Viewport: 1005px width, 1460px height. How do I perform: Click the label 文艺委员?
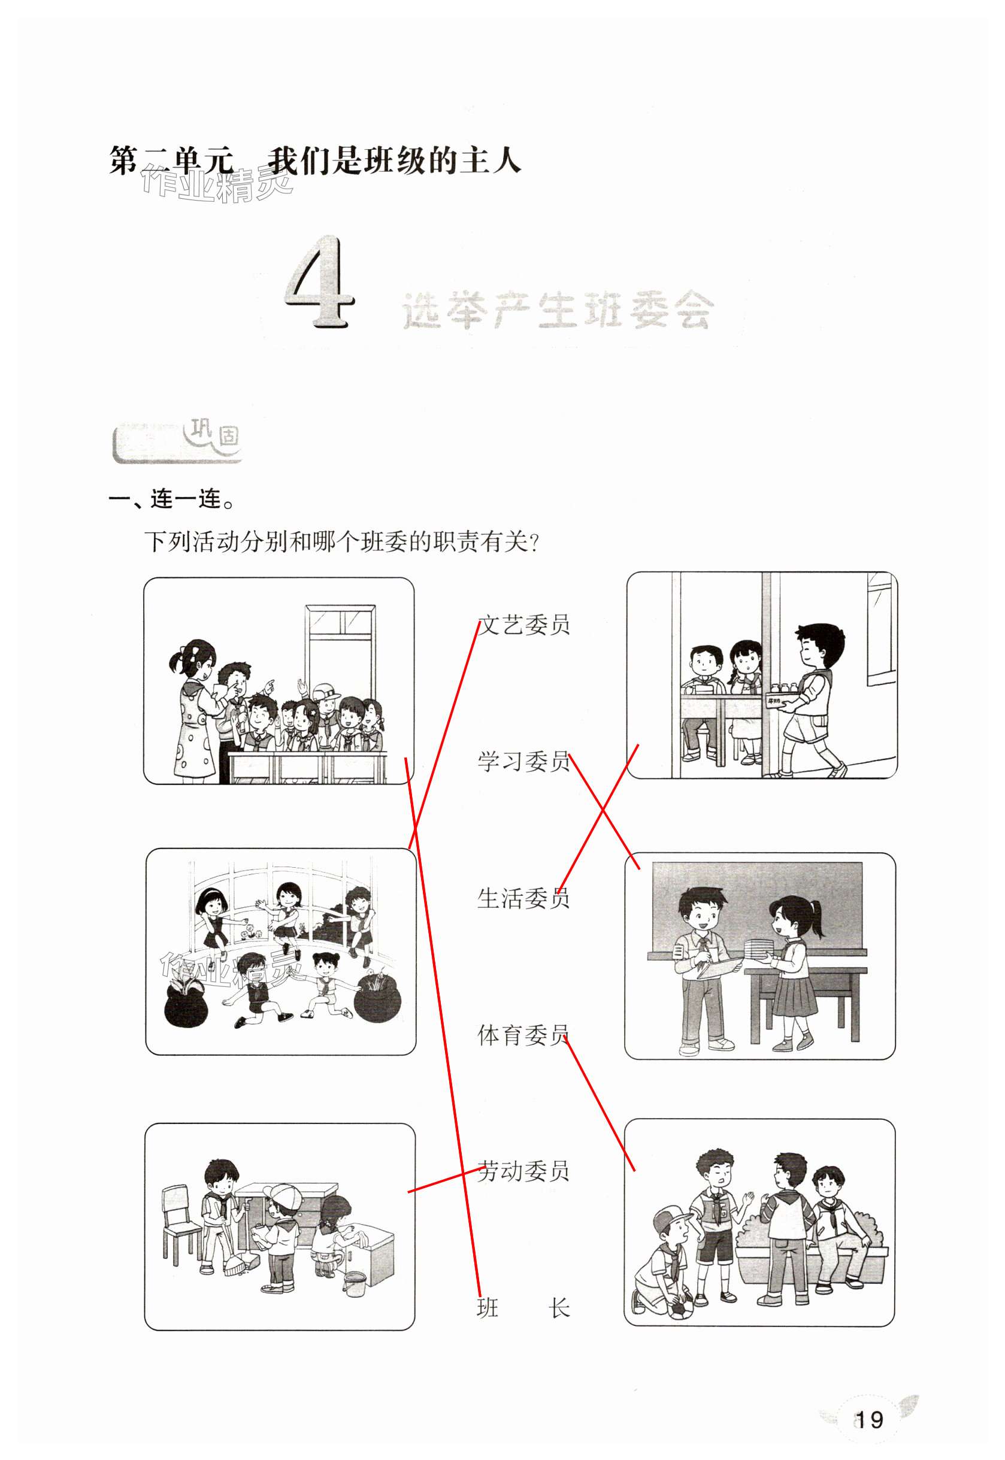523,625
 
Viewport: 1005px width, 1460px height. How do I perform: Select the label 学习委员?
523,761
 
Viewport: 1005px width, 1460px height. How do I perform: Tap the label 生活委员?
523,898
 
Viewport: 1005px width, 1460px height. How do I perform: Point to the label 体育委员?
523,1034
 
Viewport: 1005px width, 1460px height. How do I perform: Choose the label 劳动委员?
523,1171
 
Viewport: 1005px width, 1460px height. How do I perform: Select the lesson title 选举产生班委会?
558,310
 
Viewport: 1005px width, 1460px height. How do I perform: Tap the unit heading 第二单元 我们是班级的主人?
315,160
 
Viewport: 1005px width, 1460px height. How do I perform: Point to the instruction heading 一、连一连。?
172,499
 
